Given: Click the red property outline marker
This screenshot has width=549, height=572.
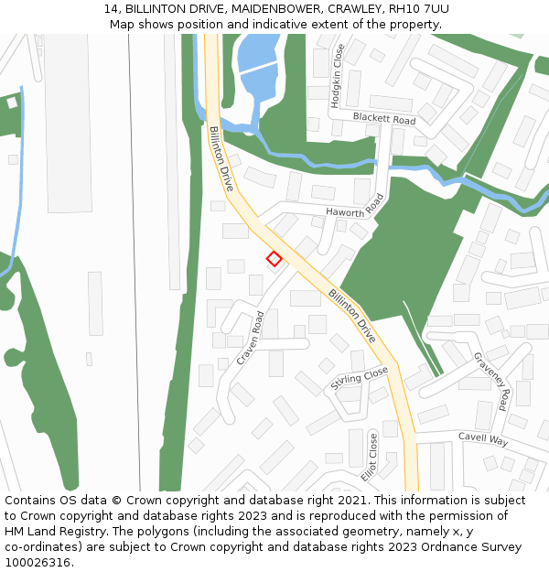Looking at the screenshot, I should click(274, 259).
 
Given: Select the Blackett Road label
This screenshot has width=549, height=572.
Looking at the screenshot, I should click(383, 120).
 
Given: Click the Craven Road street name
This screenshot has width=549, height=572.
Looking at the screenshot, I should click(250, 338).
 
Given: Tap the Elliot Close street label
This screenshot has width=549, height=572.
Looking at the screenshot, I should click(370, 458).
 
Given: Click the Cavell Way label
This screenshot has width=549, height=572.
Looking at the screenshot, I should click(482, 439).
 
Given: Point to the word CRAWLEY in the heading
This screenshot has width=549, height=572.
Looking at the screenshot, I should click(353, 8).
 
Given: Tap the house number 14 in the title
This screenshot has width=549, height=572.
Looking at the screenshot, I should click(112, 8).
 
